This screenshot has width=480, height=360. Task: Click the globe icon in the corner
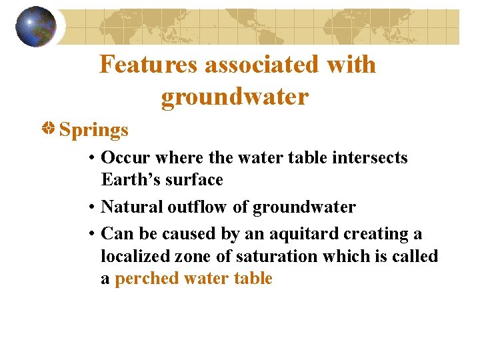coord(36,26)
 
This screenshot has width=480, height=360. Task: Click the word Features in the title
coord(151,65)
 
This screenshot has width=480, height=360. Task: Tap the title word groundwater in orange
coord(235,97)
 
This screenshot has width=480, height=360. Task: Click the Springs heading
coord(94,129)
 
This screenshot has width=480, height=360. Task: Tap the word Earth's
coord(129,180)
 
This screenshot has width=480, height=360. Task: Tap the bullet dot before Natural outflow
coord(91,208)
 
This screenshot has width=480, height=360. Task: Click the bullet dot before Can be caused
coord(91,235)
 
